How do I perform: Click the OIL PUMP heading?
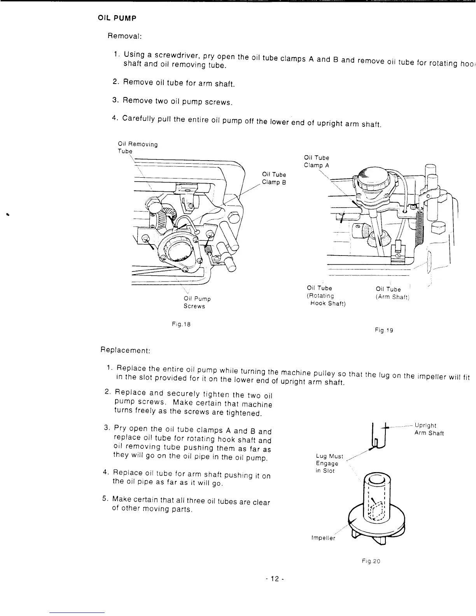coord(116,18)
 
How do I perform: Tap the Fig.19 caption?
coord(384,330)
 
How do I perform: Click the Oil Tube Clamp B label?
coord(274,178)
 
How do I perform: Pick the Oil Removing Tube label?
coord(137,147)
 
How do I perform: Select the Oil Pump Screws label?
coord(197,303)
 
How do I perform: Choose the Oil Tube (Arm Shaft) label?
coord(390,293)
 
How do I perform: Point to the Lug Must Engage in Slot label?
coord(328,464)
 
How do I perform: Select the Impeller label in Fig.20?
coord(323,538)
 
